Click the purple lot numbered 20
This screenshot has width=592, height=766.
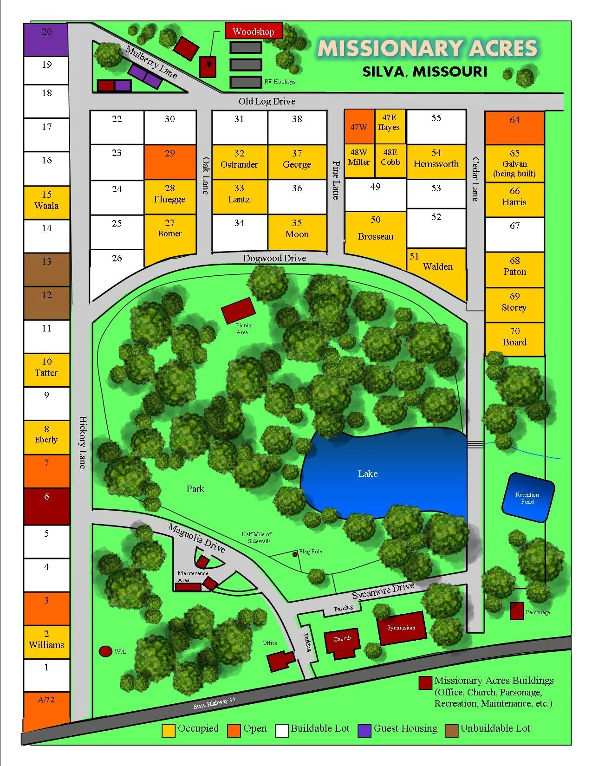(x=46, y=39)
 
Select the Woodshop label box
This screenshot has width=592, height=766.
(x=254, y=32)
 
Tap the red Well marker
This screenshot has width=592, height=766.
(x=105, y=651)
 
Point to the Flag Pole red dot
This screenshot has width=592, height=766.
(x=295, y=554)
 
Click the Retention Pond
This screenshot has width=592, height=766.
(x=528, y=498)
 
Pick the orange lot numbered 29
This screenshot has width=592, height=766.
(x=170, y=162)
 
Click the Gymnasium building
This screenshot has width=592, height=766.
(x=402, y=628)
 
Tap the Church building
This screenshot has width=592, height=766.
(x=342, y=643)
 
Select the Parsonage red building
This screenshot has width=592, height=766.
(x=517, y=611)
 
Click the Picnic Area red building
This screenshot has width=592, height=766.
(x=239, y=311)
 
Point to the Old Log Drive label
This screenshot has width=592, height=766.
(x=267, y=101)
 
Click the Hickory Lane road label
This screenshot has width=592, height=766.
(x=82, y=442)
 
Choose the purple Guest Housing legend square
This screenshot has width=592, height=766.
(x=364, y=730)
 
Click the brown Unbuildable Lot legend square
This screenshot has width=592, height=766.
(x=451, y=730)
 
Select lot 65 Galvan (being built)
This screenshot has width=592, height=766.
(x=514, y=163)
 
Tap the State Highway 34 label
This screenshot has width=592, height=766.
(x=215, y=703)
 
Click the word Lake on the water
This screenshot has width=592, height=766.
(x=368, y=474)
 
